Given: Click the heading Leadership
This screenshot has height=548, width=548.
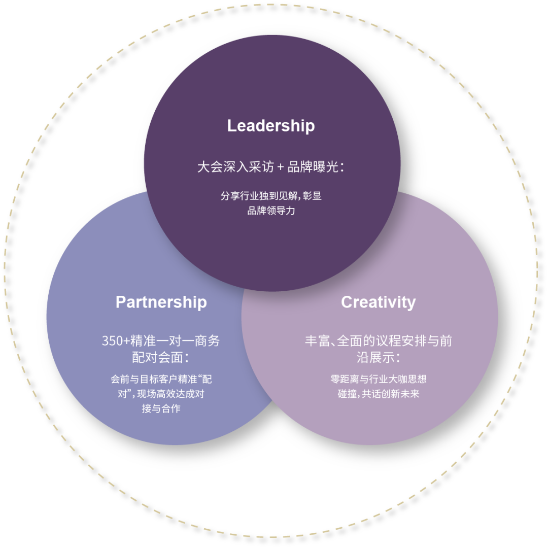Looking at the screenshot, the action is point(271,126).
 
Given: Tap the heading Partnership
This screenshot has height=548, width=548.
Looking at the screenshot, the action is point(161,302).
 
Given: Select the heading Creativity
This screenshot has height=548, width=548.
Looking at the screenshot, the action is point(379,302).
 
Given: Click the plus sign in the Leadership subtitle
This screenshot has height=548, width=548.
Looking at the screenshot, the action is point(280,167).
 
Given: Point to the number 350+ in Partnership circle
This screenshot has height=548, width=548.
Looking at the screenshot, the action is point(116,341).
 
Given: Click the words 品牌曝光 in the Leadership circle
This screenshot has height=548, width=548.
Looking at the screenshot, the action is point(313,167).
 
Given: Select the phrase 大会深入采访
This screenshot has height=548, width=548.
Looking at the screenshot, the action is point(235,167).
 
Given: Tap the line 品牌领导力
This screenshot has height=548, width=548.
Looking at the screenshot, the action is point(271,211).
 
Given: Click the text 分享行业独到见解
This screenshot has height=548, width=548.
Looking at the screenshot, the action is point(259,196).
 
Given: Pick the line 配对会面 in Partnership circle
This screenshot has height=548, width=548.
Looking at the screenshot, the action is point(158,358).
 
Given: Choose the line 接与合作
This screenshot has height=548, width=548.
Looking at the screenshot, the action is point(161,408).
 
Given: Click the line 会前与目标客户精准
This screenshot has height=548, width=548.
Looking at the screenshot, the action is point(154,379).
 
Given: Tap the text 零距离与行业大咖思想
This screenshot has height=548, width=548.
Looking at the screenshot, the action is point(379,379).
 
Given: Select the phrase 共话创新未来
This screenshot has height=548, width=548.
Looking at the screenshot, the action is point(390,394).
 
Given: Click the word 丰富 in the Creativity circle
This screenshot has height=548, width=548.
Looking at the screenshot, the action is point(317,341).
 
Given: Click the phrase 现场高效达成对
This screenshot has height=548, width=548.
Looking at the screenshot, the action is point(170,394).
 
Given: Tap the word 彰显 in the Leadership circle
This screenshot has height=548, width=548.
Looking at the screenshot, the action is point(312,196).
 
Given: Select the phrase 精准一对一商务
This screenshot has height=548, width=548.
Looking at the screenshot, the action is point(175,341).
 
